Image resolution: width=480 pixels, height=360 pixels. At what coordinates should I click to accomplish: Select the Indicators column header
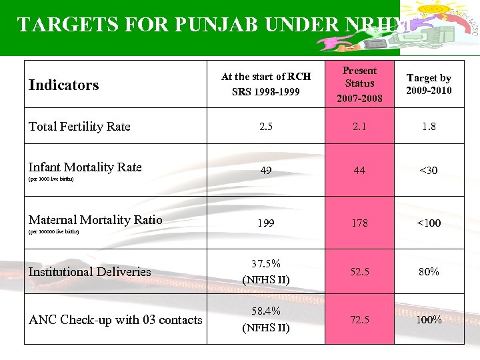click(63, 85)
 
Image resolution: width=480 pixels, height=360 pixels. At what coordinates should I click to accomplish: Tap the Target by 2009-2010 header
click(429, 84)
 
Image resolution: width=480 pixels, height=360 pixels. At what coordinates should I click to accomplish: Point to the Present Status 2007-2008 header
click(359, 84)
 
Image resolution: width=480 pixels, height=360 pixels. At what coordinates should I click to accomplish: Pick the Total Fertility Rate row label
click(79, 126)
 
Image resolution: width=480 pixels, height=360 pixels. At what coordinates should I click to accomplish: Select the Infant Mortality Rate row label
click(85, 167)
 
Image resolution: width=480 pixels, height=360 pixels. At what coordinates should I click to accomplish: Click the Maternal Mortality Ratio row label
click(95, 219)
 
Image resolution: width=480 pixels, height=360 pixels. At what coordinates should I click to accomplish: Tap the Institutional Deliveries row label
click(89, 271)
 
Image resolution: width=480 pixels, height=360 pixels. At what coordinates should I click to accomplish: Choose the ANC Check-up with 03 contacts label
click(115, 319)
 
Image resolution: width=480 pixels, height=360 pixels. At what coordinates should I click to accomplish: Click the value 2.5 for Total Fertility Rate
click(265, 126)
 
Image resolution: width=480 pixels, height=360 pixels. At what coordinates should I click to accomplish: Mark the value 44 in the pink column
click(359, 171)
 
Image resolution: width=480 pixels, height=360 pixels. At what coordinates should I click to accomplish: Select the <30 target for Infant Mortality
click(429, 171)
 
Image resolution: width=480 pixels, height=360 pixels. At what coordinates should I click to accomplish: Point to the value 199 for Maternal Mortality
click(265, 223)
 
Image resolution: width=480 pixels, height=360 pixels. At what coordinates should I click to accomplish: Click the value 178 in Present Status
click(359, 223)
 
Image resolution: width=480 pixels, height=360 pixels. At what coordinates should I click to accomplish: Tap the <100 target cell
click(429, 223)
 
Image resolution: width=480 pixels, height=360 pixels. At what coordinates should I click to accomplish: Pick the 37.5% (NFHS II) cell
click(265, 271)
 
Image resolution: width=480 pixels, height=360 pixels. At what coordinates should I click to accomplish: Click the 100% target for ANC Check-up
click(429, 319)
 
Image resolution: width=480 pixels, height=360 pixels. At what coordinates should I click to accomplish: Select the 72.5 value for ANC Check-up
click(359, 319)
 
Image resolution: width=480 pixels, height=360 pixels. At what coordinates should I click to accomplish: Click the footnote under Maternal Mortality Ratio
click(53, 232)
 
